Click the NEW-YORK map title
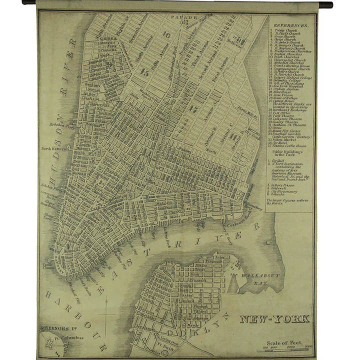[x=274, y=319]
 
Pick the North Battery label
[x=53, y=148]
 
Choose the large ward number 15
[x=144, y=72]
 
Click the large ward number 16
[x=166, y=35]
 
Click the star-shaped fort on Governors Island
[x=49, y=345]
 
